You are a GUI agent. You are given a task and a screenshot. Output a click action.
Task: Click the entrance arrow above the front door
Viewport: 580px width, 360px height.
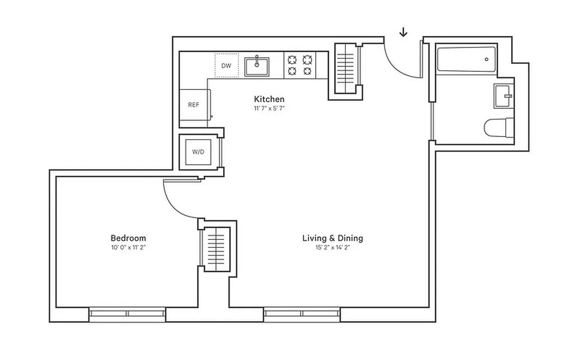[403, 32]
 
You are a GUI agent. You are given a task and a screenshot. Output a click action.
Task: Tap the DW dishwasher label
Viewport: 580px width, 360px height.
[226, 66]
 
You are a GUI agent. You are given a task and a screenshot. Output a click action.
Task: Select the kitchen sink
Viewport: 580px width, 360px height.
[257, 67]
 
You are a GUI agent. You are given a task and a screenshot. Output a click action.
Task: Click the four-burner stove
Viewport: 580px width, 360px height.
[300, 65]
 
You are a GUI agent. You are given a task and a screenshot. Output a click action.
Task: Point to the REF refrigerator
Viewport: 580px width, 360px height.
[194, 105]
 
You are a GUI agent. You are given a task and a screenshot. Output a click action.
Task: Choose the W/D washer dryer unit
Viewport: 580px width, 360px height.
[198, 152]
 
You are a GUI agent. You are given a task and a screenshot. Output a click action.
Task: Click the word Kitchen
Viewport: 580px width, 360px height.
[269, 99]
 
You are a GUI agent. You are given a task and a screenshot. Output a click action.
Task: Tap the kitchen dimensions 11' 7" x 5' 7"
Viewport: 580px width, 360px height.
[269, 108]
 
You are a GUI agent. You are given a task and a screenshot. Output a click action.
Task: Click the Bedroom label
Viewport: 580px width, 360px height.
[128, 238]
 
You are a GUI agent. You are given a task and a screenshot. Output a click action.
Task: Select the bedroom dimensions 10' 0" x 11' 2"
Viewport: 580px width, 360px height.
[128, 247]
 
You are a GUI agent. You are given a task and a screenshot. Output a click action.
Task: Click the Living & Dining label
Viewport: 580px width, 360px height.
[332, 238]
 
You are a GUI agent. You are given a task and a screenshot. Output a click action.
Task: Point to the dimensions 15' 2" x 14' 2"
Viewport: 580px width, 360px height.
[332, 247]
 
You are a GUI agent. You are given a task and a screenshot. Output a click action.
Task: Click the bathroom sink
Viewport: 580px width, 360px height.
[503, 96]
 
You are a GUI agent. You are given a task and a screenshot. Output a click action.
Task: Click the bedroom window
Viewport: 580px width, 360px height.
[127, 313]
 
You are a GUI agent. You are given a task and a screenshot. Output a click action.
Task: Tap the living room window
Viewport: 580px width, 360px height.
[302, 313]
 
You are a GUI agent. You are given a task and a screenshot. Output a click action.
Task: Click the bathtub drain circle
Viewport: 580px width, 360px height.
[487, 59]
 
